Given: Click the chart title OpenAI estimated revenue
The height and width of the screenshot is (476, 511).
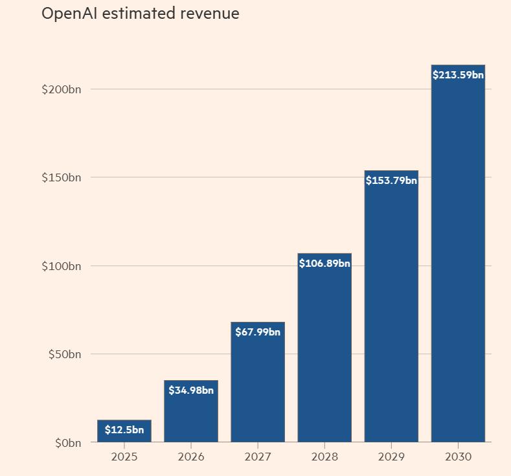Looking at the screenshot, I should tap(140, 14).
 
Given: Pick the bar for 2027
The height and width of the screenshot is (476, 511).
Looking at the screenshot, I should tap(258, 389).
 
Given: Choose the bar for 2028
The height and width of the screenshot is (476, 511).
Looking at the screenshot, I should tap(324, 356).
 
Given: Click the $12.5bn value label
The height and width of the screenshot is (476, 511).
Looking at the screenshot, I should tap(124, 429).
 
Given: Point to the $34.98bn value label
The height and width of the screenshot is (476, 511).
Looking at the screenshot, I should tap(191, 391).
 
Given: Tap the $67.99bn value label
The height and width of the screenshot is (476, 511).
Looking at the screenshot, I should tap(258, 332).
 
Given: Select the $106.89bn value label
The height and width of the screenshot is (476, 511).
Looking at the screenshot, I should tap(324, 264).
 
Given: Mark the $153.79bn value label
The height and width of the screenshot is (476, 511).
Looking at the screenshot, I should tap(391, 181).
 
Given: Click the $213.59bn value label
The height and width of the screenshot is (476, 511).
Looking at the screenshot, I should tap(458, 75).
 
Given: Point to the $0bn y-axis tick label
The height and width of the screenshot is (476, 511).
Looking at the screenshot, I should tap(67, 443).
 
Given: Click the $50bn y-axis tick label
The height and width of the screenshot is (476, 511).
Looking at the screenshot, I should tap(64, 354).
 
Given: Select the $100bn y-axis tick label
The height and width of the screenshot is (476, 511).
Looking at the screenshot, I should tap(62, 266).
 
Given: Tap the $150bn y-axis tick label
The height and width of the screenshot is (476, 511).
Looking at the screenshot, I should tap(62, 177).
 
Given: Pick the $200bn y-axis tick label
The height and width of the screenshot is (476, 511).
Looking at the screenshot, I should tap(62, 89).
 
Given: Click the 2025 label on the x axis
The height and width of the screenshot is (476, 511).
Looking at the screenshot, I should tap(124, 457).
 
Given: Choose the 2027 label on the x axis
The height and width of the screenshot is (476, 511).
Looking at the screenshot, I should tap(258, 457).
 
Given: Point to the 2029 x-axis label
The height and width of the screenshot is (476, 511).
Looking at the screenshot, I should tap(391, 457).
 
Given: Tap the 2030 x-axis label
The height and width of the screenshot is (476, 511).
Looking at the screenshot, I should tap(458, 457).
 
